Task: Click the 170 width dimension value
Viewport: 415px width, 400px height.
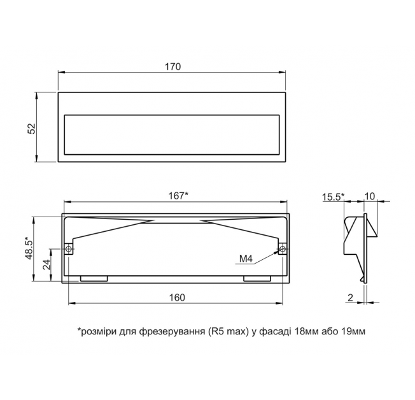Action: point(173,66)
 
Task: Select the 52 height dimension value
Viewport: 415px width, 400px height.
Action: point(32,129)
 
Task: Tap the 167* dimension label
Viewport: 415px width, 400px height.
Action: point(178,196)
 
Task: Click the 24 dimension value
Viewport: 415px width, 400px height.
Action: point(46,264)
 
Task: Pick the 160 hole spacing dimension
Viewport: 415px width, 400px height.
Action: point(177,297)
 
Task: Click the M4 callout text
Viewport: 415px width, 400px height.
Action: point(246,259)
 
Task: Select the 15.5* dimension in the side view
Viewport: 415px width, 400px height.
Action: point(334,197)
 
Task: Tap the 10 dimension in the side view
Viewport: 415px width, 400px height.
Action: point(370,196)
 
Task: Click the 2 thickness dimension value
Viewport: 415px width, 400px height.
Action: point(350,297)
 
